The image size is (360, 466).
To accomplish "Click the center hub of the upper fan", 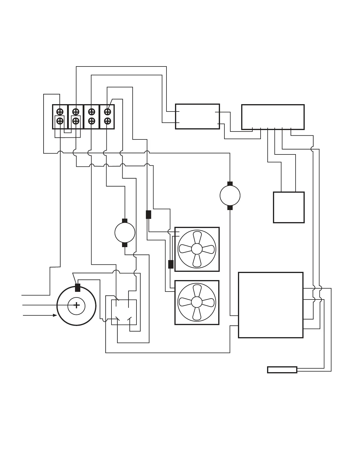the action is click(x=197, y=249).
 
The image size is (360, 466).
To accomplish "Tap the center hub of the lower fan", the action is click(x=197, y=302).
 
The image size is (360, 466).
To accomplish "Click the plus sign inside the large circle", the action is click(x=76, y=306).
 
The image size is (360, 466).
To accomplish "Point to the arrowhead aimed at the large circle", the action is click(x=55, y=315).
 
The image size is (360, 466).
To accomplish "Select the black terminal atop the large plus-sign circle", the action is click(x=78, y=287).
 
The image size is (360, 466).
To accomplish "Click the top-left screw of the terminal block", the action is click(x=60, y=112).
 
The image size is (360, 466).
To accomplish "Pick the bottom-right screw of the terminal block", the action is click(x=107, y=121).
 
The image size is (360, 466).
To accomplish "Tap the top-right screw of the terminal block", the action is click(x=107, y=112).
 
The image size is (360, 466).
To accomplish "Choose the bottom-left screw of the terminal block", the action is click(x=60, y=121).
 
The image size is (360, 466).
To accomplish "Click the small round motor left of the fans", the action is click(x=125, y=233).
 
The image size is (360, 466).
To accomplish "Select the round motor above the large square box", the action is click(x=230, y=196).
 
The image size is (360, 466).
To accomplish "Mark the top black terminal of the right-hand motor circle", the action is click(x=230, y=184).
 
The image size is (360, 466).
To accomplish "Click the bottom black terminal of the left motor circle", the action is click(x=125, y=245).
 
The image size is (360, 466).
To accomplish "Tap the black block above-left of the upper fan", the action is click(x=149, y=214).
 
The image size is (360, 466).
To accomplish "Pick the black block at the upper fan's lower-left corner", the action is click(x=171, y=264).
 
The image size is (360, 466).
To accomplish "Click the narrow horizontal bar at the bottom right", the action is click(x=282, y=370).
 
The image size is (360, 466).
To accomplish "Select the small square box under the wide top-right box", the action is click(x=289, y=207).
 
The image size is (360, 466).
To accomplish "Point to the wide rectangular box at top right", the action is click(x=273, y=117).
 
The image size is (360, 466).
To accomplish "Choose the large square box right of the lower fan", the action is click(x=271, y=305).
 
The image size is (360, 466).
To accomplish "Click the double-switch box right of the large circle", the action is click(x=124, y=312).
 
